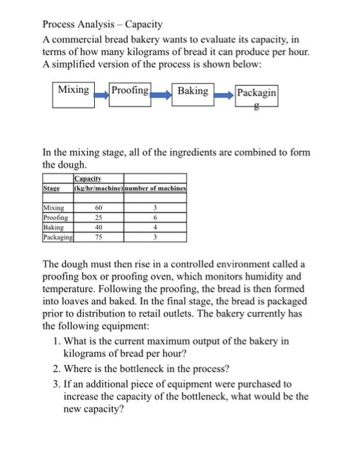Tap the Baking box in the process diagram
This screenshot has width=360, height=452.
tap(193, 92)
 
